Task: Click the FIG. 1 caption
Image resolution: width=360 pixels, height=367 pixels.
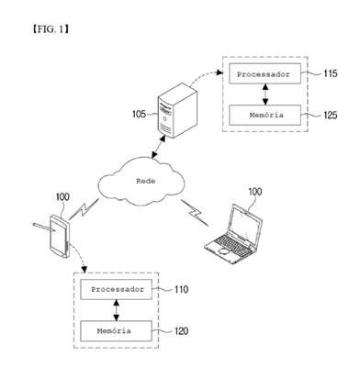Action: [51, 29]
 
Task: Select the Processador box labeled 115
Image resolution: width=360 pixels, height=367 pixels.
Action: [264, 73]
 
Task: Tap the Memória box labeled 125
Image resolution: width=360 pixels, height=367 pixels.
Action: [264, 115]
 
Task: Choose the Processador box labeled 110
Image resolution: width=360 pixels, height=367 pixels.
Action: [116, 289]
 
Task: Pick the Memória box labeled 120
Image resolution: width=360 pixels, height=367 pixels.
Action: [116, 331]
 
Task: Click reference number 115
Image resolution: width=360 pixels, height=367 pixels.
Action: [331, 73]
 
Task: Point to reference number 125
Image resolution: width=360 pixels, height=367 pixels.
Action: [331, 115]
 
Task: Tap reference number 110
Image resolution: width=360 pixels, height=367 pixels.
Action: [181, 289]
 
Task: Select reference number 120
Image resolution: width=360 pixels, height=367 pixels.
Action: [181, 331]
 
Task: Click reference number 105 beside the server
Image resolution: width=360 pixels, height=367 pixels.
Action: [139, 115]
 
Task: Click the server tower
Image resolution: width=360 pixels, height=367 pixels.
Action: [177, 110]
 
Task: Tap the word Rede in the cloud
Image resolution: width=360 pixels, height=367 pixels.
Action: [146, 181]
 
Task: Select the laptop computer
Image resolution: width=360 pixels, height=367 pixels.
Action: [233, 234]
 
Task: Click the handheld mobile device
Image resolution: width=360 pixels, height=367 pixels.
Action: [60, 236]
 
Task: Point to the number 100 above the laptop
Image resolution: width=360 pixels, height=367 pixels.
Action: [254, 192]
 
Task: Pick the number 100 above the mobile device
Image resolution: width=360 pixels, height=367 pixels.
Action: [62, 197]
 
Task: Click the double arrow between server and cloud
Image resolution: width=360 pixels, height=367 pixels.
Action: [159, 147]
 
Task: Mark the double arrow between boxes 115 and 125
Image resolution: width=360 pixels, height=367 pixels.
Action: [265, 95]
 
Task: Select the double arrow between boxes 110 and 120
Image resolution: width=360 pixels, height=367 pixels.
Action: [116, 310]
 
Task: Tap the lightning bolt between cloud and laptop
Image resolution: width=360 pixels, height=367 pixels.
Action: [195, 213]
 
